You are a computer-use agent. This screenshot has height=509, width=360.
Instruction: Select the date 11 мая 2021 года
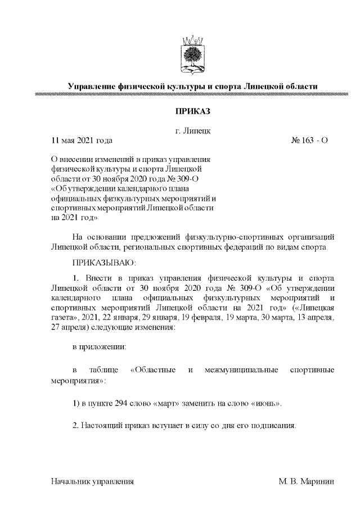82,140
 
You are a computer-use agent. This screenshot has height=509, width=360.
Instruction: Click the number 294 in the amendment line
121,404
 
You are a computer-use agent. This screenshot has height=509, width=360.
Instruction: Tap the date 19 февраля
201,318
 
